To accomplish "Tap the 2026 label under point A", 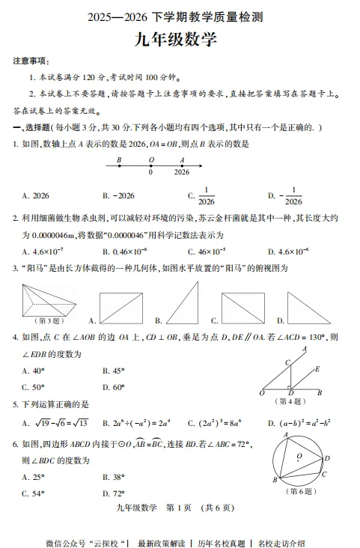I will coord(181,172).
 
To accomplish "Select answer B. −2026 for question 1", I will coord(118,196).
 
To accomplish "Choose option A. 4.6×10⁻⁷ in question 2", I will coord(43,252).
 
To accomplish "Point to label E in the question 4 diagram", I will coord(317,369).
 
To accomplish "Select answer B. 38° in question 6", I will coord(113,476).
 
